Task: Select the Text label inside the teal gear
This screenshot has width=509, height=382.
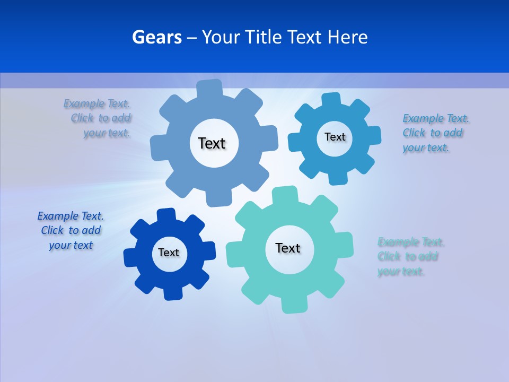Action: click(x=288, y=248)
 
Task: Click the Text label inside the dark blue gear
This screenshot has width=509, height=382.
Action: click(x=169, y=253)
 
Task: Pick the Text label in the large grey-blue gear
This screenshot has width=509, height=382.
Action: click(x=212, y=143)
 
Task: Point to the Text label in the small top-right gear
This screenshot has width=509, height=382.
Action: click(x=335, y=137)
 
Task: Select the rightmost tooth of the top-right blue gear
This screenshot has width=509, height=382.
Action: click(x=374, y=135)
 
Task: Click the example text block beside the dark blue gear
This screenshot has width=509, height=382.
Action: click(x=71, y=231)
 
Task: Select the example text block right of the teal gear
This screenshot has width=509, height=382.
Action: click(x=410, y=257)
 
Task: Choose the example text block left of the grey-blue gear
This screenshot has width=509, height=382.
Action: click(x=99, y=118)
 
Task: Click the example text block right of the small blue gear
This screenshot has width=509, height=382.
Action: click(x=435, y=133)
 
